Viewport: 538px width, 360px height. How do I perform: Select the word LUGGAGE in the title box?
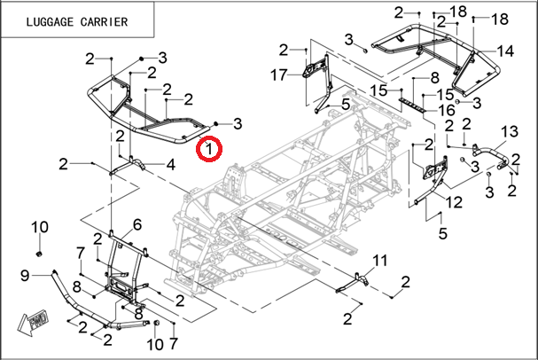43,20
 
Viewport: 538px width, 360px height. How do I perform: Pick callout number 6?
137,223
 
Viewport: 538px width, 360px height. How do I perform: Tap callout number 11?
380,260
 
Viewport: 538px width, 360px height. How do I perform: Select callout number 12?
453,203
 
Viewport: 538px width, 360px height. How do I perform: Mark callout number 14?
505,51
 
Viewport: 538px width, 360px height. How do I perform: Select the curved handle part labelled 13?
487,154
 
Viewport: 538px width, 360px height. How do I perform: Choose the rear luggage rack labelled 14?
434,44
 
